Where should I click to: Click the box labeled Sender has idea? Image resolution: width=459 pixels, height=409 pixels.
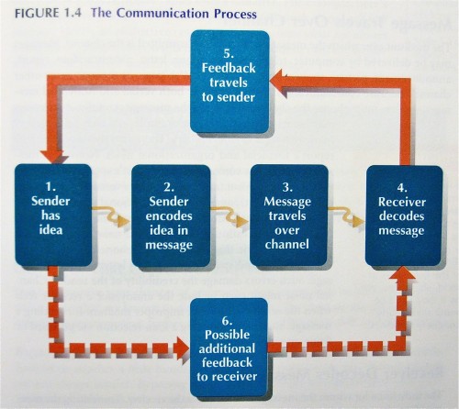coord(53,215)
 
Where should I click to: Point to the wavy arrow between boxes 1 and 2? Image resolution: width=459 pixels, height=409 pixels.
coord(112,217)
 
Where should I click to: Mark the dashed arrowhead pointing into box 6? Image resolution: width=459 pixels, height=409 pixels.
coord(181,348)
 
